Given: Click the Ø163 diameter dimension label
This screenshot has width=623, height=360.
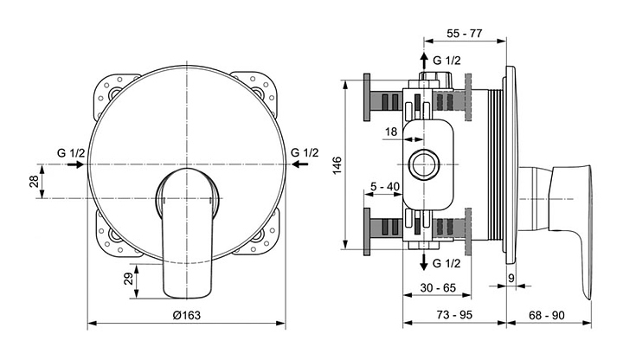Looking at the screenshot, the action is [x=186, y=315].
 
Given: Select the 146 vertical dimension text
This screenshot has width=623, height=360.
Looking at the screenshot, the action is [x=337, y=165].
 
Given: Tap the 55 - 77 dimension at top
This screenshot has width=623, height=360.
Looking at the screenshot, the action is [x=464, y=34].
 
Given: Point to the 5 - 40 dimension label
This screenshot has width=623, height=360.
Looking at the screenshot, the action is [x=384, y=186].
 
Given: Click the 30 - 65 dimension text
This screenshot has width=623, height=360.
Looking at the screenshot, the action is [x=438, y=287].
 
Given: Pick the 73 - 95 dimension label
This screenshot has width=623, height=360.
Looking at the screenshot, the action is [x=454, y=314].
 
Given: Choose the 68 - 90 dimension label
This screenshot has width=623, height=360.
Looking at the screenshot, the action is [x=547, y=315].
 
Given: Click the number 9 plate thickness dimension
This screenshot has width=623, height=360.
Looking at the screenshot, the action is [x=511, y=278].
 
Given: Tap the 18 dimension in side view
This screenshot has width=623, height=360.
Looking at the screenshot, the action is [x=391, y=132].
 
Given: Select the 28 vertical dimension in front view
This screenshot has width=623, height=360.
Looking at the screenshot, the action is [x=35, y=181].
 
